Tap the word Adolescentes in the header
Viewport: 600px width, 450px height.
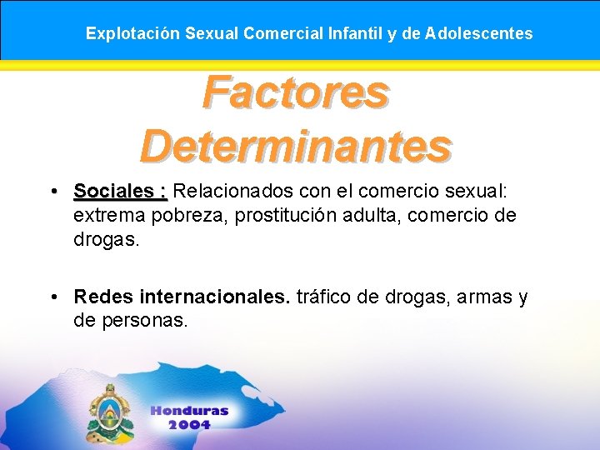click(x=479, y=34)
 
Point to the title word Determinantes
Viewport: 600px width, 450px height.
click(x=296, y=146)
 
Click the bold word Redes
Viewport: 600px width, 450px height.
click(x=103, y=297)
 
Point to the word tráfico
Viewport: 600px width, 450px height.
click(x=325, y=297)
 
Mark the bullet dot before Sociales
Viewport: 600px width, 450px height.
click(x=52, y=192)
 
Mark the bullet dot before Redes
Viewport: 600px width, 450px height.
click(x=52, y=297)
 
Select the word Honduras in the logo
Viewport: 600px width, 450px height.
click(x=189, y=411)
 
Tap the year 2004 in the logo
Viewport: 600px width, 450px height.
click(x=189, y=424)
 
